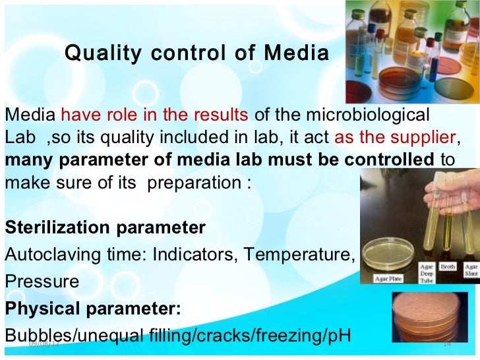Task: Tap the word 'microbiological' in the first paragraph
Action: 375,115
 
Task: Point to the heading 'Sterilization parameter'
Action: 105,228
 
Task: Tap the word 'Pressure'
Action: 42,282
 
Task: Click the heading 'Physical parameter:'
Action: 93,309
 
